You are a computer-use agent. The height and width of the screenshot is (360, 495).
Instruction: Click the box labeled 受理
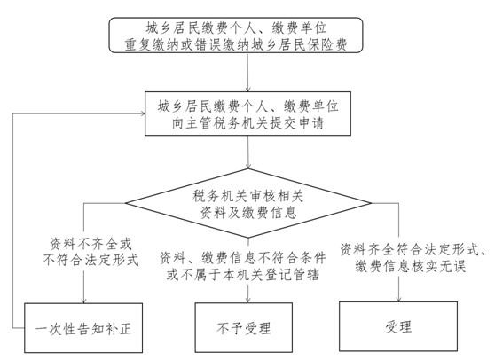pos(398,326)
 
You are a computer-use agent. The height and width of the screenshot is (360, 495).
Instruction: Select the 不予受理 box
pos(244,327)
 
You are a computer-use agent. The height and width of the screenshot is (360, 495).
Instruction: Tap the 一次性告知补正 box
pos(83,328)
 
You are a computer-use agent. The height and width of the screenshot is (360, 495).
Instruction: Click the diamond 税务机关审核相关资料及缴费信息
pos(248,203)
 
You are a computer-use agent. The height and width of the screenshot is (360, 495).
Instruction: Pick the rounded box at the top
pos(236,35)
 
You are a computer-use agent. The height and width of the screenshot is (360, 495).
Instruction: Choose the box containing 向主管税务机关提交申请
pos(247,113)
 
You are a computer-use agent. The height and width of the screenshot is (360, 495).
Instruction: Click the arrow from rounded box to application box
pos(248,72)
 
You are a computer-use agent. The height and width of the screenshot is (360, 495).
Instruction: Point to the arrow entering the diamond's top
pos(248,153)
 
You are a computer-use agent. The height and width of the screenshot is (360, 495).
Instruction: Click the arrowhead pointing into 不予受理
pos(248,300)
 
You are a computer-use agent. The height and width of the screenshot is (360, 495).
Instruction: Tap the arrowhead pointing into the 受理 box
pos(398,299)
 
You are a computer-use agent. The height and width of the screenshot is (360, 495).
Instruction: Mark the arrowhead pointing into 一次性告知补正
pos(83,301)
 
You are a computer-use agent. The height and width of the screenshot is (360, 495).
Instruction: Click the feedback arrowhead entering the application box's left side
pos(142,113)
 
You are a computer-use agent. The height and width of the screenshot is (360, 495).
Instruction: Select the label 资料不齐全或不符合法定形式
pos(90,252)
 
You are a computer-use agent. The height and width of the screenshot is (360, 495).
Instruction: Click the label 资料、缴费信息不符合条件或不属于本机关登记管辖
pos(243,266)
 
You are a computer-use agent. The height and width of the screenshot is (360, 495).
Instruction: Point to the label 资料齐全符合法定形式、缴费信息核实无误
pos(412,258)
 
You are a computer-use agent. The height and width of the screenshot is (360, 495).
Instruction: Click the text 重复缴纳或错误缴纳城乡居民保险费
pos(236,44)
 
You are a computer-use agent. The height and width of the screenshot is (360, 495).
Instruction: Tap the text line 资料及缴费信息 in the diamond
pos(248,213)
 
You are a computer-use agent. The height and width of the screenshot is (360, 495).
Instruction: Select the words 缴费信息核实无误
pos(411,266)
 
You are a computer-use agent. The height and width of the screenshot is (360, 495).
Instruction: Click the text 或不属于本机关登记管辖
pos(243,275)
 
